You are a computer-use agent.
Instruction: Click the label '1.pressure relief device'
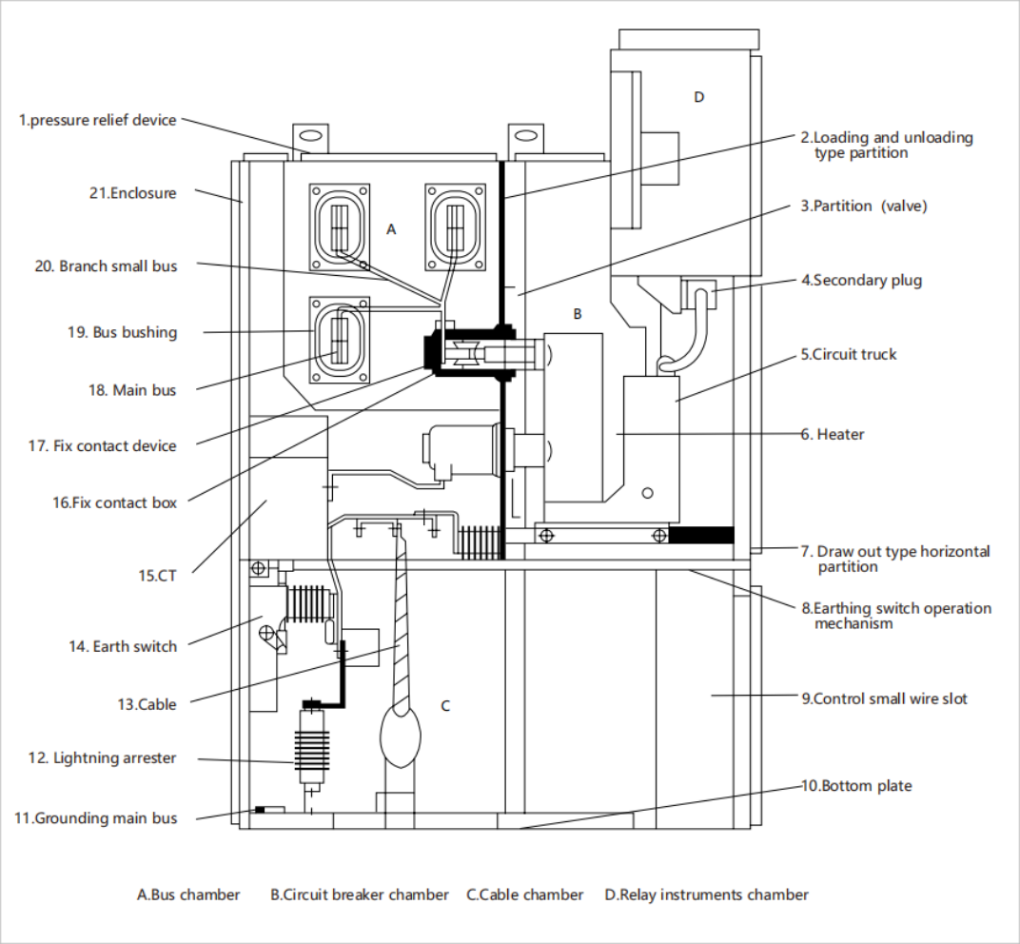pyautogui.click(x=98, y=120)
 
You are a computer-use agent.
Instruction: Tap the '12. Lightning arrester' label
pyautogui.click(x=102, y=758)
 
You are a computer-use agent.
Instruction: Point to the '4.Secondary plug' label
pyautogui.click(x=861, y=280)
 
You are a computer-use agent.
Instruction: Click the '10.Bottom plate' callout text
pyautogui.click(x=856, y=786)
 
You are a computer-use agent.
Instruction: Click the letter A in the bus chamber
pyautogui.click(x=390, y=229)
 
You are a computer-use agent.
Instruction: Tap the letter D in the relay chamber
pyautogui.click(x=699, y=97)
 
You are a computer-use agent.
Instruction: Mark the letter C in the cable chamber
pyautogui.click(x=444, y=706)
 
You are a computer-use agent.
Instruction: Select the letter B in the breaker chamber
pyautogui.click(x=577, y=313)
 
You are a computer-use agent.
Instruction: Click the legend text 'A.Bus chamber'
pyautogui.click(x=188, y=895)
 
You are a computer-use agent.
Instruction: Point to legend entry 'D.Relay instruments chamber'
pyautogui.click(x=706, y=895)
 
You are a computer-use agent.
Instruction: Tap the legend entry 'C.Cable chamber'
pyautogui.click(x=524, y=895)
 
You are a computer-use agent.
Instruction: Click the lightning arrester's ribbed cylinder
pyautogui.click(x=307, y=749)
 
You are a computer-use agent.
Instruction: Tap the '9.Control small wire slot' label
pyautogui.click(x=884, y=698)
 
